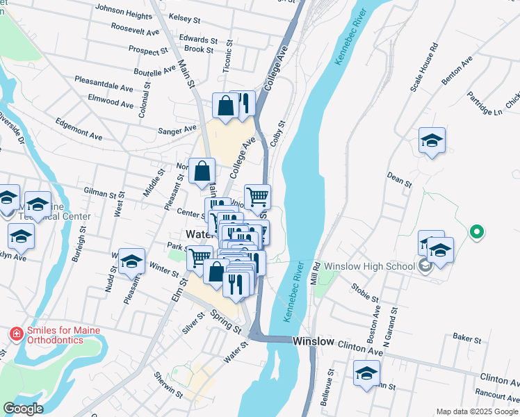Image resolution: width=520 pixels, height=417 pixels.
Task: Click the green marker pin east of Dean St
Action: pos(476,231)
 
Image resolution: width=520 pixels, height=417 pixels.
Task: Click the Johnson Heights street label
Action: pos(123,10)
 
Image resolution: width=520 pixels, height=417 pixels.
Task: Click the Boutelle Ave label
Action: pos(155,72)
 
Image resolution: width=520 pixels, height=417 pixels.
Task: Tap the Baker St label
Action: pos(467,339)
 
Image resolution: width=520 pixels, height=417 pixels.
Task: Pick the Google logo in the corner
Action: pos(23,409)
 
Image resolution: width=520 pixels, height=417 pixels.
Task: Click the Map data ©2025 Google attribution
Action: pos(476,411)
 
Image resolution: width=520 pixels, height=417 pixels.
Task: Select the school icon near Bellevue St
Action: pos(366,374)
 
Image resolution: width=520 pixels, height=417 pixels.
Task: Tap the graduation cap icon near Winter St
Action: pos(131,261)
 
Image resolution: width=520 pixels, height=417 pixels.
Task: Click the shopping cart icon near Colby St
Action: pos(257,197)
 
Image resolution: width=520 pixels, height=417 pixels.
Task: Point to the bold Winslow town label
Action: pos(314,342)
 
